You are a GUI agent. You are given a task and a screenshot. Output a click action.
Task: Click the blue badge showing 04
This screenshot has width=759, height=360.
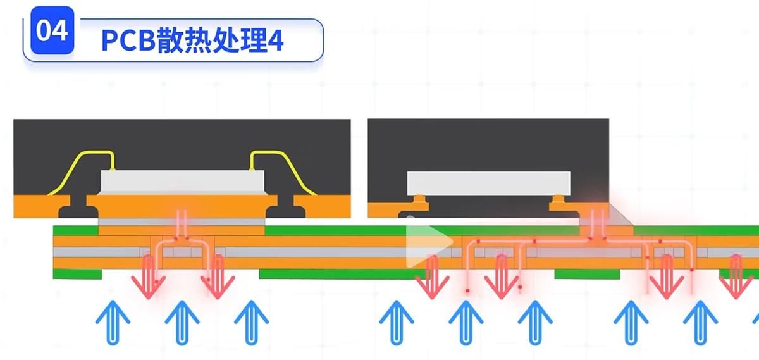point(52,31)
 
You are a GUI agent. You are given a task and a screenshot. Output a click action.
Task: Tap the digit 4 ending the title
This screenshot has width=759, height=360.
point(276,41)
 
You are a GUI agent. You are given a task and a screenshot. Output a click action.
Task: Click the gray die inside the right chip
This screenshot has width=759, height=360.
point(488,182)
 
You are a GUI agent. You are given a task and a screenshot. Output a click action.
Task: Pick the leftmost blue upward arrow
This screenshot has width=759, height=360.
point(113,320)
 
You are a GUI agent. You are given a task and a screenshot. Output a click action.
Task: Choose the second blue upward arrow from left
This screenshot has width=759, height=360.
point(182,320)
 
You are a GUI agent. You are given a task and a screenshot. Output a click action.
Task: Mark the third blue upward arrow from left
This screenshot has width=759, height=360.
point(251,320)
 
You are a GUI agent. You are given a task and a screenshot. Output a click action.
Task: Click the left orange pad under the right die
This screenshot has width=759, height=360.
point(420,202)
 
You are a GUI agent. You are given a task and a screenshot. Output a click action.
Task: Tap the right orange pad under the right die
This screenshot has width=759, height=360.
point(560,202)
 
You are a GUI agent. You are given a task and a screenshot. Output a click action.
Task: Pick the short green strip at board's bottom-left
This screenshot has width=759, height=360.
point(77,273)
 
